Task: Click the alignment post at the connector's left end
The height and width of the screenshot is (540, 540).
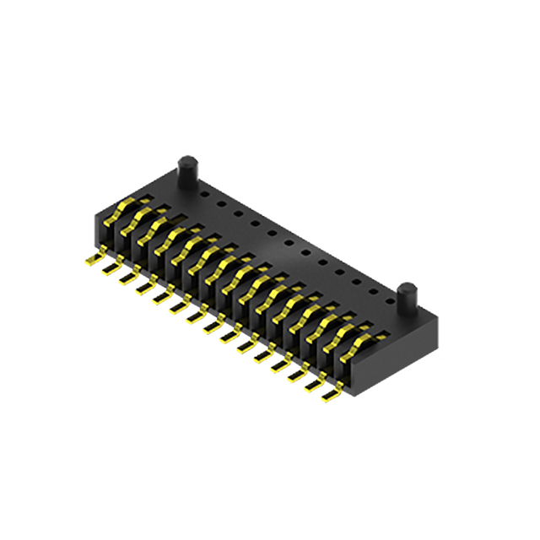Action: [186, 174]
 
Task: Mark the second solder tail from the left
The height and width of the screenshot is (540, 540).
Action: [110, 267]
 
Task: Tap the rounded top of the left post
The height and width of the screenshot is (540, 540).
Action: [186, 159]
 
